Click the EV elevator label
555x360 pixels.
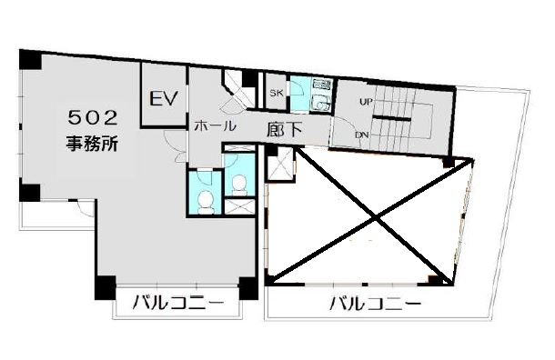(x=163, y=98)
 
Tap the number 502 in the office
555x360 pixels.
(x=93, y=118)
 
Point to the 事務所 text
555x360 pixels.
(x=92, y=144)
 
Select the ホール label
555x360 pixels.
(x=216, y=125)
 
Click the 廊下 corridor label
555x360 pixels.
(x=285, y=130)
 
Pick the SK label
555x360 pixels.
(x=277, y=93)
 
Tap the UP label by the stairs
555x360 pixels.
(x=366, y=102)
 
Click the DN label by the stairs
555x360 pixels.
(x=362, y=135)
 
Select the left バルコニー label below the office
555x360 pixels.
(x=178, y=303)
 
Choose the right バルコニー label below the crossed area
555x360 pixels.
(x=376, y=303)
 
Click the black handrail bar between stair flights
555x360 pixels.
(x=392, y=118)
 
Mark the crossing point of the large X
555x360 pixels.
(x=376, y=218)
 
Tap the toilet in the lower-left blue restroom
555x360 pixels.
(x=206, y=203)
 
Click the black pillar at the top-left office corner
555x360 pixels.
(x=30, y=60)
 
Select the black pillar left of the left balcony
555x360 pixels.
(x=106, y=288)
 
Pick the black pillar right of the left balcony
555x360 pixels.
(x=248, y=288)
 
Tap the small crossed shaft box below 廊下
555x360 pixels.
(x=279, y=164)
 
